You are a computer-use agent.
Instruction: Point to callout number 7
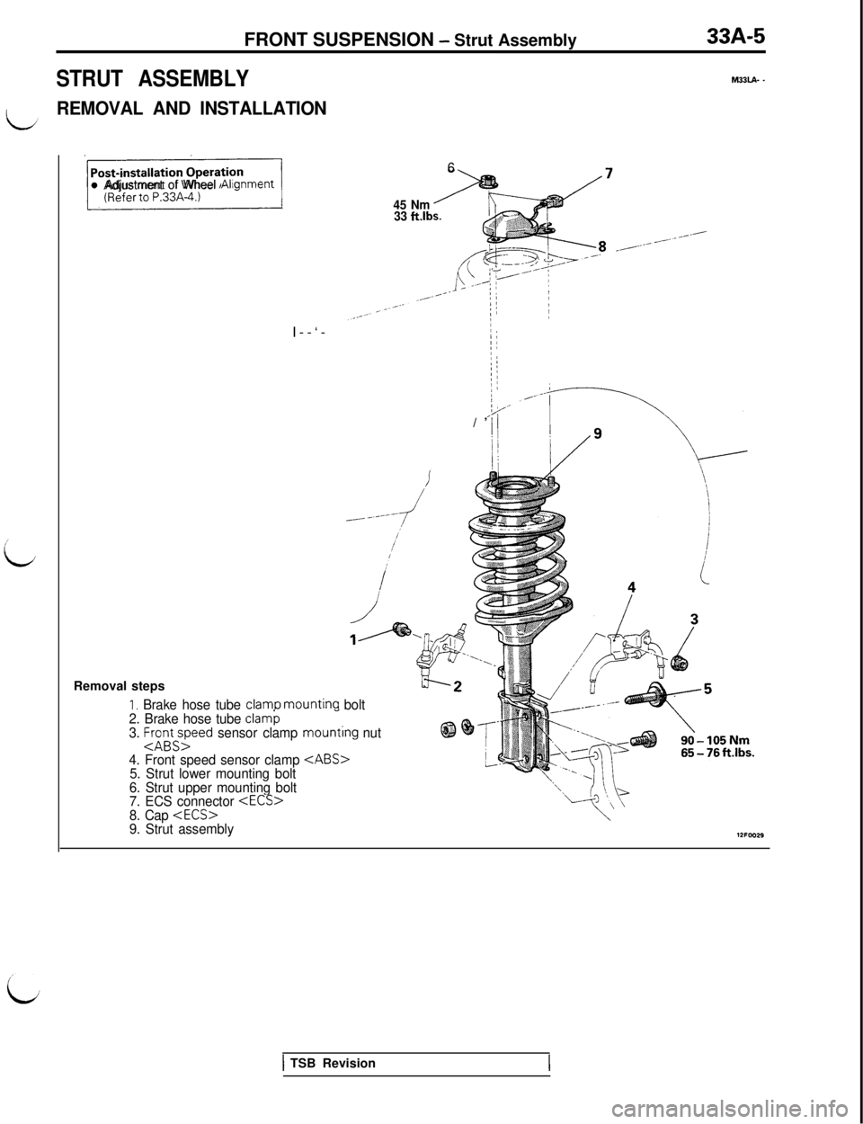click(x=610, y=174)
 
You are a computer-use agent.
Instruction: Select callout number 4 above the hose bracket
click(x=633, y=586)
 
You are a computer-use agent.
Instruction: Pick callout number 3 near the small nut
click(x=694, y=619)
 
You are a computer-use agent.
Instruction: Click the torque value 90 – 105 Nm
click(x=717, y=740)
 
